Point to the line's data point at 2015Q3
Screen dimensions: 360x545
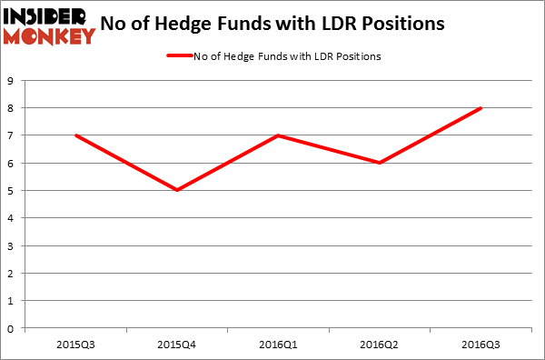tap(76, 135)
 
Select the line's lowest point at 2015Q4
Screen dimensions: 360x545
tap(177, 190)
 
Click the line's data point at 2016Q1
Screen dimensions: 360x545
tap(279, 135)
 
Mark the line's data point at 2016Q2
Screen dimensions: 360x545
tap(380, 163)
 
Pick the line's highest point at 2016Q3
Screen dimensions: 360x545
tap(481, 108)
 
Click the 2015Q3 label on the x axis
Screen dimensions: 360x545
tap(76, 344)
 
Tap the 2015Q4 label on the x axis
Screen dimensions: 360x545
tap(177, 344)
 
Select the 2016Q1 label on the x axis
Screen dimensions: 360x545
tap(279, 344)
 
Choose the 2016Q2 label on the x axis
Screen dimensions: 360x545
tap(380, 344)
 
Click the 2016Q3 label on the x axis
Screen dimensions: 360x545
tap(481, 344)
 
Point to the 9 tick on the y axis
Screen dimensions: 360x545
tap(11, 81)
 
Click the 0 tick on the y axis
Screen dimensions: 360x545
tap(11, 328)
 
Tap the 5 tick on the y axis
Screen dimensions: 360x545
tap(11, 191)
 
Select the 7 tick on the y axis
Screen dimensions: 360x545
tap(11, 135)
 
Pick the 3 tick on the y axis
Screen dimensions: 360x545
tap(11, 245)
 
